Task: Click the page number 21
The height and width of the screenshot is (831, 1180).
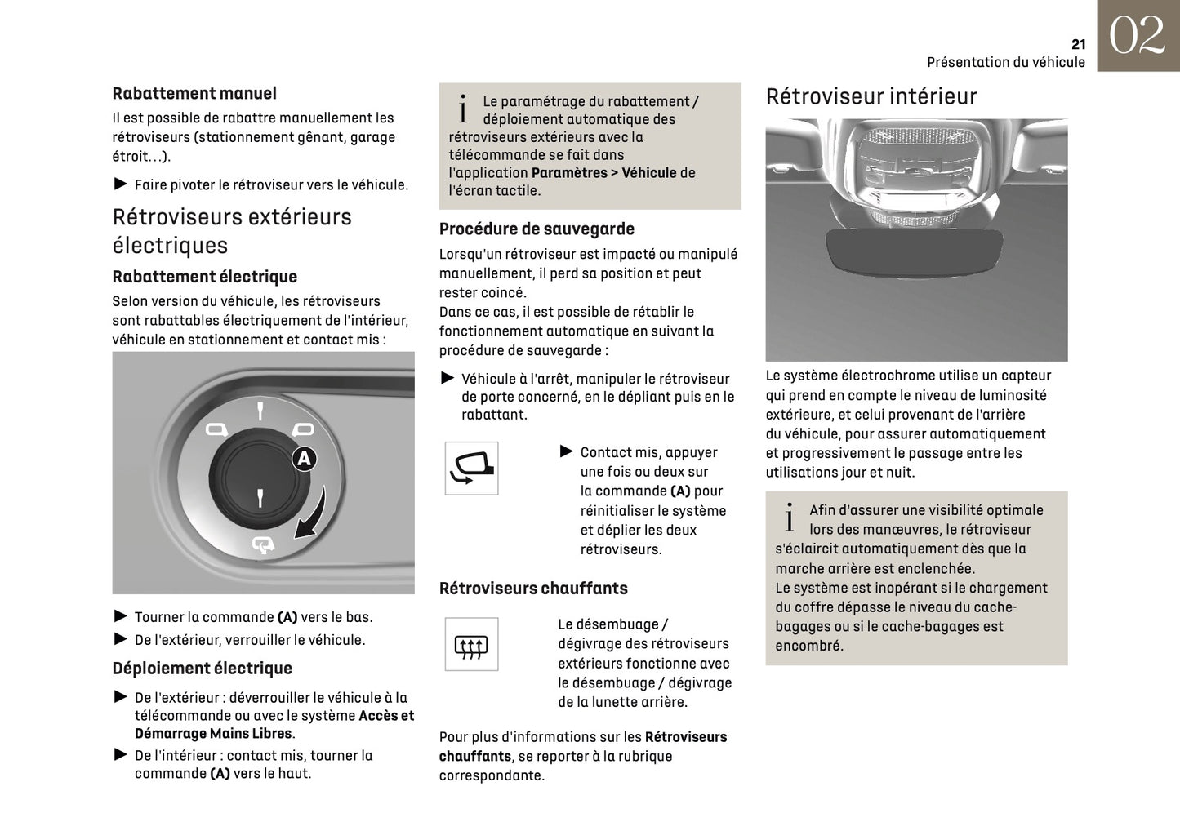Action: pyautogui.click(x=1078, y=44)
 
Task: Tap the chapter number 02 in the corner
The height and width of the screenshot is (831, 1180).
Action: pyautogui.click(x=1137, y=36)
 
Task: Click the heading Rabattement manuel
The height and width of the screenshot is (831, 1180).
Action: pyautogui.click(x=194, y=94)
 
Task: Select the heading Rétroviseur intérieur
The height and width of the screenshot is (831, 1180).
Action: pyautogui.click(x=871, y=96)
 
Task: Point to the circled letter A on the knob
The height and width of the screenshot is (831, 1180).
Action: pyautogui.click(x=304, y=459)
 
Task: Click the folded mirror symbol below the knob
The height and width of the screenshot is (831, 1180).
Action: pyautogui.click(x=264, y=544)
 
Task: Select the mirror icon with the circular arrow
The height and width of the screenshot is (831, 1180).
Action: pyautogui.click(x=471, y=468)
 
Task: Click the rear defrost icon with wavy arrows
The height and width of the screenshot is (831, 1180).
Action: pyautogui.click(x=471, y=645)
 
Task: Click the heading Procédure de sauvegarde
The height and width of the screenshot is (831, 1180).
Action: pyautogui.click(x=537, y=229)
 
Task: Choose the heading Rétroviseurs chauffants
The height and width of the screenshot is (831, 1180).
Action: pyautogui.click(x=533, y=589)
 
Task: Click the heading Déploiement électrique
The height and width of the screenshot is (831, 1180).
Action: pyautogui.click(x=202, y=669)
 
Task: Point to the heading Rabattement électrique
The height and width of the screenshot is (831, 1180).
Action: pyautogui.click(x=204, y=277)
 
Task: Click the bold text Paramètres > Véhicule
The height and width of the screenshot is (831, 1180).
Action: pyautogui.click(x=603, y=173)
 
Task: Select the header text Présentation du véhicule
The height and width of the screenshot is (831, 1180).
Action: pyautogui.click(x=1005, y=62)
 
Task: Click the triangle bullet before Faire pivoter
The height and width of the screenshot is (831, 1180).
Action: pyautogui.click(x=120, y=184)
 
